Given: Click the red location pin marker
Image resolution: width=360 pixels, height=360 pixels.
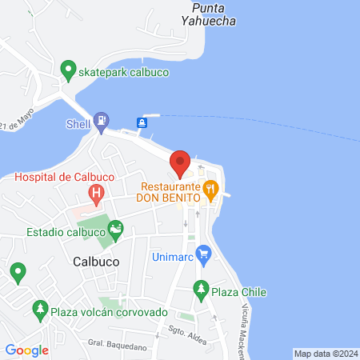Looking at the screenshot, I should click(x=180, y=162).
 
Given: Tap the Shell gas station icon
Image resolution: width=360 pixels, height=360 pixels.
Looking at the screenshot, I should click(x=101, y=123).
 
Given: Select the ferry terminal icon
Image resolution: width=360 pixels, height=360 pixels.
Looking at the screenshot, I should click(x=142, y=122).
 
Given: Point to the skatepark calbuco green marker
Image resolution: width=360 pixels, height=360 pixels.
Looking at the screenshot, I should click(x=69, y=70).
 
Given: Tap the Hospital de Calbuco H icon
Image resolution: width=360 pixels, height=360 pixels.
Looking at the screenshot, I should click(x=96, y=192).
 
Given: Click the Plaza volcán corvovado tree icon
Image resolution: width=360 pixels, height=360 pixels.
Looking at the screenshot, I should click(x=40, y=308).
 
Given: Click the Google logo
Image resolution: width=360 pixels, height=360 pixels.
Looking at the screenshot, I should click(x=26, y=350).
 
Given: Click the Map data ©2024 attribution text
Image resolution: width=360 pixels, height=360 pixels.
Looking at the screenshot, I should click(x=325, y=354).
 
